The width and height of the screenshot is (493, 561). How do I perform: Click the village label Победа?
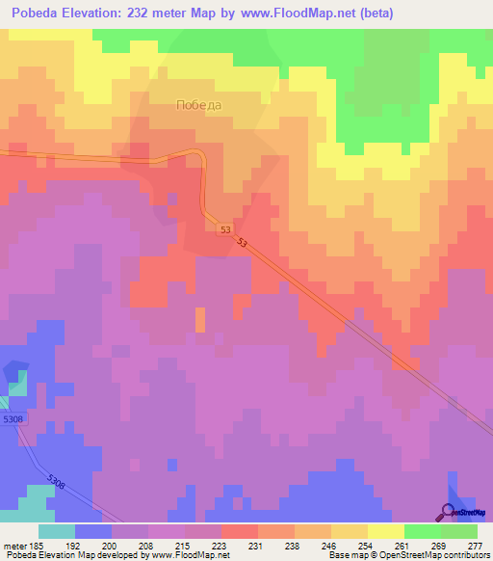pyautogui.click(x=199, y=106)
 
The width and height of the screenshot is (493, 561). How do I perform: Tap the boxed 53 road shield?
pyautogui.click(x=225, y=229)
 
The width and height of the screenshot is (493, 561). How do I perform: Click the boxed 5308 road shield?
pyautogui.click(x=13, y=419)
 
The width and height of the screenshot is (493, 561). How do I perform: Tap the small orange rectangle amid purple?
pyautogui.click(x=200, y=319)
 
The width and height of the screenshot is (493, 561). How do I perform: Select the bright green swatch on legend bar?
pyautogui.click(x=422, y=531)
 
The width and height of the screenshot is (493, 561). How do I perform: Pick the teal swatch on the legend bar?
pyautogui.click(x=57, y=531)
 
